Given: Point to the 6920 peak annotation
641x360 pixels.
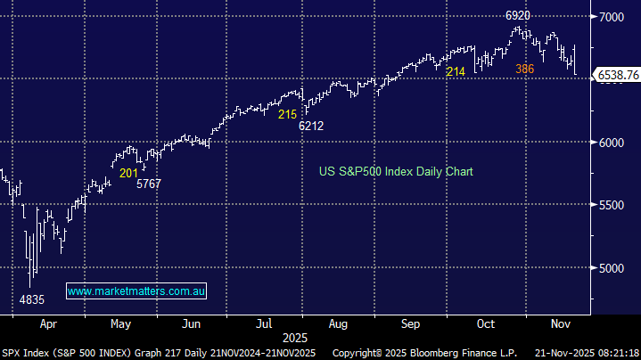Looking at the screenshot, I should coord(519,16).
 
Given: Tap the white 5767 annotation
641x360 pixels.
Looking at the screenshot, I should coord(149,184).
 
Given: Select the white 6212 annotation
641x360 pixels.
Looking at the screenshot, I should coord(310,127).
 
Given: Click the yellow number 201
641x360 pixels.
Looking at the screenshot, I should coord(128,173).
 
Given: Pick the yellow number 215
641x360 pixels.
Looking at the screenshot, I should coord(287,115).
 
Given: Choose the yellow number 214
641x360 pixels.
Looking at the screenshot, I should coord(456,71).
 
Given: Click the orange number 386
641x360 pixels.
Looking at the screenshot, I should coord(524,69).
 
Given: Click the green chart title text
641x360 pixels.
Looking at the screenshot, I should coord(396,171).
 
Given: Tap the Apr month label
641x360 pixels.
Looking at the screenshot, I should coord(49,325).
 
